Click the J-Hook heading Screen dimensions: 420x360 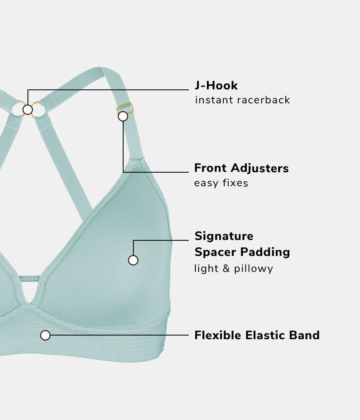tap(216, 86)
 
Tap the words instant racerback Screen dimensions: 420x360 tap(242, 100)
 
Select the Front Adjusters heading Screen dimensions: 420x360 tap(241, 168)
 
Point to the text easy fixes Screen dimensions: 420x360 tap(221, 183)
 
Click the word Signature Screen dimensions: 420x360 tap(224, 236)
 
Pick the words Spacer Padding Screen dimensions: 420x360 tap(242, 252)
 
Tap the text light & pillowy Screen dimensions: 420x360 tap(233, 269)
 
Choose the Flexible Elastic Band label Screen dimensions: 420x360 tap(257, 336)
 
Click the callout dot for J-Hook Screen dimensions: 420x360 tap(28, 110)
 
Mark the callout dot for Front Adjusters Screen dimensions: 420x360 tap(123, 116)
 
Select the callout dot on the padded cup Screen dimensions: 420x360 tap(133, 260)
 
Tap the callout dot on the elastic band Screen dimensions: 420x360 tap(46, 336)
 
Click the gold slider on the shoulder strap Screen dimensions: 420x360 tap(126, 108)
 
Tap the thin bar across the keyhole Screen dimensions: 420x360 tap(29, 278)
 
